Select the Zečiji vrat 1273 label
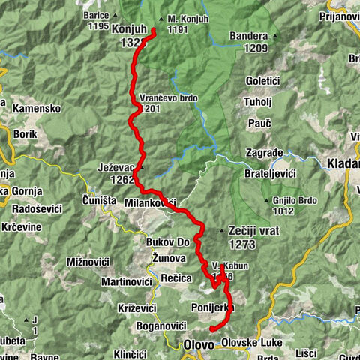tap(253, 237)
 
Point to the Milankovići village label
tap(150, 204)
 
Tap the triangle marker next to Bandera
tap(275, 35)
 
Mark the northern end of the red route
tap(154, 30)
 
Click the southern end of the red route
tap(211, 328)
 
